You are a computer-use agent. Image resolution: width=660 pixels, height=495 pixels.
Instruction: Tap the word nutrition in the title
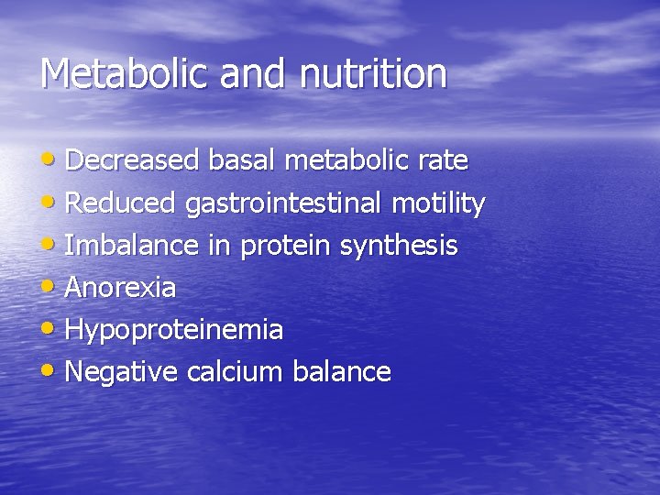[x=373, y=73]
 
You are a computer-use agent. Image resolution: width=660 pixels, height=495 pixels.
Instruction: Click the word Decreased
[x=133, y=160]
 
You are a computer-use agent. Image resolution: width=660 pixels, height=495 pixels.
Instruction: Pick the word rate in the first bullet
[x=443, y=160]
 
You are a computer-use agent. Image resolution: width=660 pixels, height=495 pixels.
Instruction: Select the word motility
[x=438, y=203]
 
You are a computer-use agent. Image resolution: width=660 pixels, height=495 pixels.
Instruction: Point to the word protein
[x=286, y=246]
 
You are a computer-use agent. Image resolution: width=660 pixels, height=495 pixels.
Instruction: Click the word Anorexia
[x=121, y=287]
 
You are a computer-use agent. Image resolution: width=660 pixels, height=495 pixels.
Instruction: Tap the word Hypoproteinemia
[x=174, y=330]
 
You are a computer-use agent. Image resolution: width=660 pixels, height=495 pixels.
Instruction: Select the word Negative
[x=122, y=371]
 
